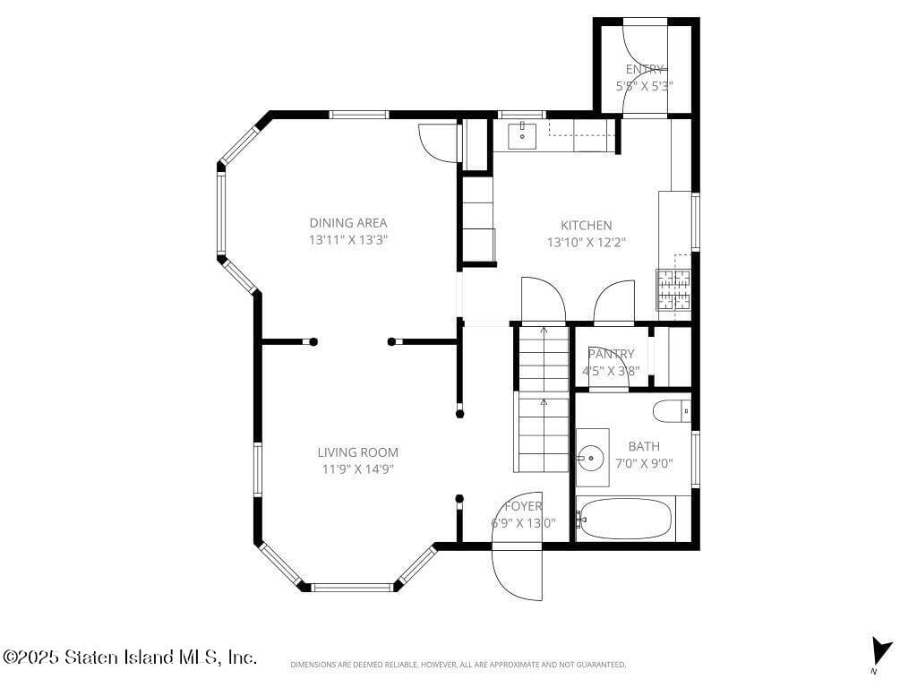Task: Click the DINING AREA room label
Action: (348, 223)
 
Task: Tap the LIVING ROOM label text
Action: (357, 452)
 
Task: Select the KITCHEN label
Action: (587, 226)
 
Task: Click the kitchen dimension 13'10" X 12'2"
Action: (587, 242)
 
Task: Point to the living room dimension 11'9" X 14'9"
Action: (357, 469)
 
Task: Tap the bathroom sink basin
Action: (590, 458)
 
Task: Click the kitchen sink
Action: (522, 136)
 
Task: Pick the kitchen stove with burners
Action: (675, 289)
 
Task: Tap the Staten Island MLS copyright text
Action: (130, 658)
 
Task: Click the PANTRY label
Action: (611, 354)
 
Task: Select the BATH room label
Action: (644, 446)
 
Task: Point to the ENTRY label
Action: (645, 69)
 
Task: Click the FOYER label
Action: (523, 506)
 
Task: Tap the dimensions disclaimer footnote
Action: (458, 665)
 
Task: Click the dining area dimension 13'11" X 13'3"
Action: (348, 240)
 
